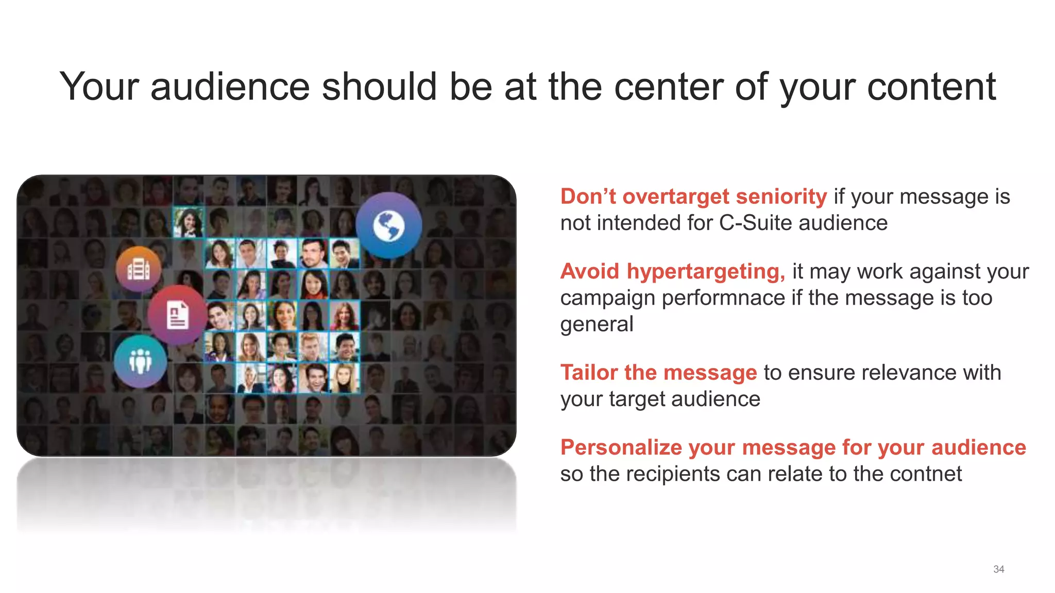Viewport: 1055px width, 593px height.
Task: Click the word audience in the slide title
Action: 230,86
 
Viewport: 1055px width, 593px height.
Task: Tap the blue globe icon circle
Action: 389,225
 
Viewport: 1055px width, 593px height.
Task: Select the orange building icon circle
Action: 138,269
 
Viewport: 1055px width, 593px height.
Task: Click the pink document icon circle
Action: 177,315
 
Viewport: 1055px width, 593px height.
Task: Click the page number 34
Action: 998,569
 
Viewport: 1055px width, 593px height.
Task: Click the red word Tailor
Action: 589,373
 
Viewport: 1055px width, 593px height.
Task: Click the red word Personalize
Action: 621,447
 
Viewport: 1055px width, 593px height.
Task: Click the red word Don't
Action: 588,197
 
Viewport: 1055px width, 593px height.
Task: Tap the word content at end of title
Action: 931,86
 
